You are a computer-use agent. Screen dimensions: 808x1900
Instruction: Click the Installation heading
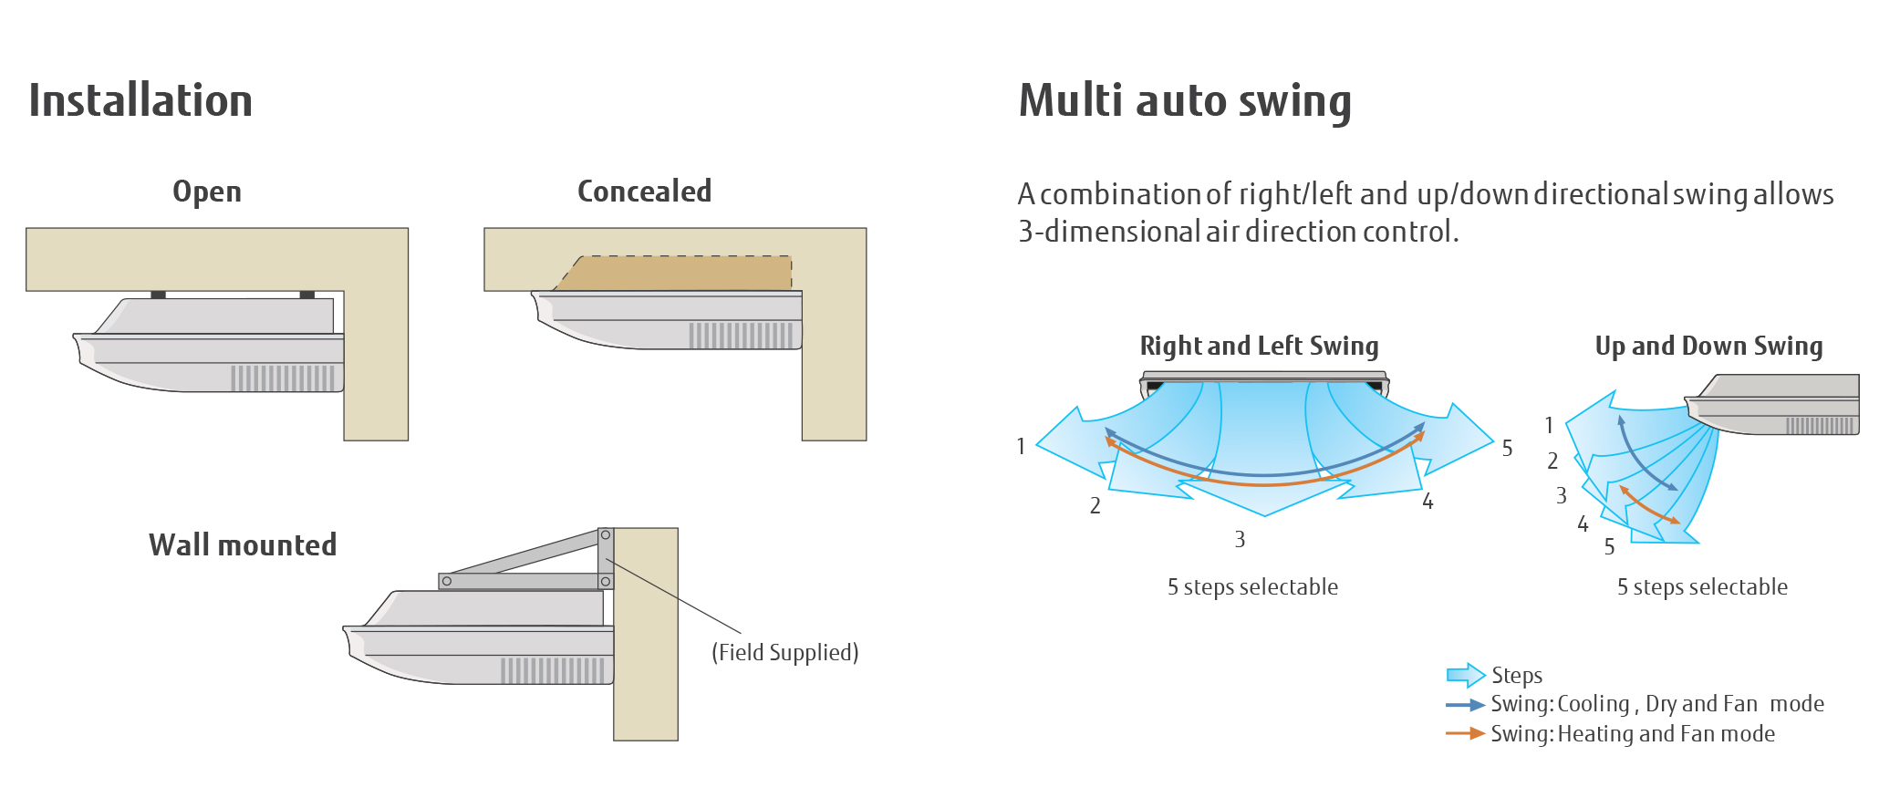pos(140,100)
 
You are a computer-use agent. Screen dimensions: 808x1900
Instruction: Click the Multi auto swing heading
pos(1184,100)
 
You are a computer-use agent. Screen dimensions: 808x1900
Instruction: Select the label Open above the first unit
pos(207,192)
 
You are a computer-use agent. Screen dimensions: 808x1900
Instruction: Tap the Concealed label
pos(644,192)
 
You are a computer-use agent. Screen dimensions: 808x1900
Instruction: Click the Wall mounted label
pos(243,545)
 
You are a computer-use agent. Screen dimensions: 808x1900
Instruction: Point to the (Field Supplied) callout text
pos(784,652)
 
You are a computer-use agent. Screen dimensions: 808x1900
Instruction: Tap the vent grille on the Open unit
pos(283,378)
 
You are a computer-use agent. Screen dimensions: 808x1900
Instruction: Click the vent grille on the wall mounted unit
pos(553,670)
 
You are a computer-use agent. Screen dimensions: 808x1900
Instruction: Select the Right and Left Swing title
pos(1259,346)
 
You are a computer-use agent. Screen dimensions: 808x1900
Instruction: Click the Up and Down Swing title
pos(1708,346)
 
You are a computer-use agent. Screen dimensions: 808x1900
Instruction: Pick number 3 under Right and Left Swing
pos(1240,540)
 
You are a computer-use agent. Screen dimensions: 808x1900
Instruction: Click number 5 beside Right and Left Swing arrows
pos(1507,449)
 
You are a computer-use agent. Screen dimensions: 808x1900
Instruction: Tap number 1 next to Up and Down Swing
pos(1549,425)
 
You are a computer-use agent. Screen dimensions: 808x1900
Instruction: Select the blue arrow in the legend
pos(1465,705)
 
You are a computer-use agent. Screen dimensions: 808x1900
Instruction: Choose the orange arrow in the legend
pos(1465,733)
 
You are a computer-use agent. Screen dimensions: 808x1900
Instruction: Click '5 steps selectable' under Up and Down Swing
pos(1702,587)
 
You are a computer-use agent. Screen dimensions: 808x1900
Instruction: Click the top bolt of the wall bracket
pos(605,535)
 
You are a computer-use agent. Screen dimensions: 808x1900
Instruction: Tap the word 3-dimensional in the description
pos(1108,232)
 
